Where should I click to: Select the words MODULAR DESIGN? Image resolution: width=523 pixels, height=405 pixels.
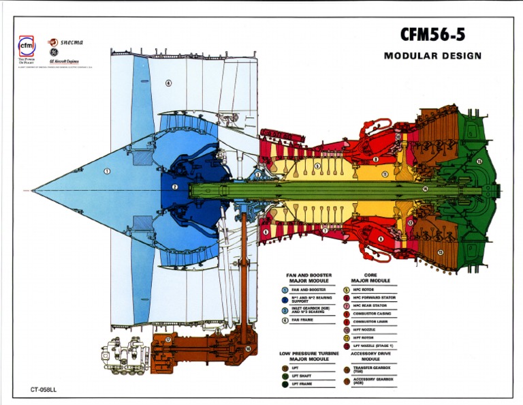pyautogui.click(x=432, y=56)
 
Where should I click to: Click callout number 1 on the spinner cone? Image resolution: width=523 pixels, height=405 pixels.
pyautogui.click(x=107, y=171)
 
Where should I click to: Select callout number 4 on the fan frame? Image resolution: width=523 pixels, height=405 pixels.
pyautogui.click(x=168, y=83)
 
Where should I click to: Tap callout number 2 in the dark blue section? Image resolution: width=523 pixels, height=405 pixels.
pyautogui.click(x=174, y=187)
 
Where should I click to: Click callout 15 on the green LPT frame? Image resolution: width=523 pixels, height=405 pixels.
pyautogui.click(x=479, y=162)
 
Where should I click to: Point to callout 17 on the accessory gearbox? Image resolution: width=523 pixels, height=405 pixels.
pyautogui.click(x=168, y=339)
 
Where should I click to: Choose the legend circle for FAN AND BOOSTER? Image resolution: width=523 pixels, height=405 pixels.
pyautogui.click(x=285, y=290)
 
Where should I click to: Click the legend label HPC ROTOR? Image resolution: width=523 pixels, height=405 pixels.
pyautogui.click(x=368, y=290)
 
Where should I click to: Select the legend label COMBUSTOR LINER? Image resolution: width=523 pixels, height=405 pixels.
pyautogui.click(x=374, y=321)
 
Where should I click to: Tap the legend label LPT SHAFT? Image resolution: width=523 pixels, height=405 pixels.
pyautogui.click(x=302, y=376)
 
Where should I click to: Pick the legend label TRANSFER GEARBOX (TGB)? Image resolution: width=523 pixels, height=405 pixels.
pyautogui.click(x=372, y=370)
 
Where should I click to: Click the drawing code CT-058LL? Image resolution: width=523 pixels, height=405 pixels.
pyautogui.click(x=44, y=391)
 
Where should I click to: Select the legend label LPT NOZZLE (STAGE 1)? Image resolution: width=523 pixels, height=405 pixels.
pyautogui.click(x=376, y=346)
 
